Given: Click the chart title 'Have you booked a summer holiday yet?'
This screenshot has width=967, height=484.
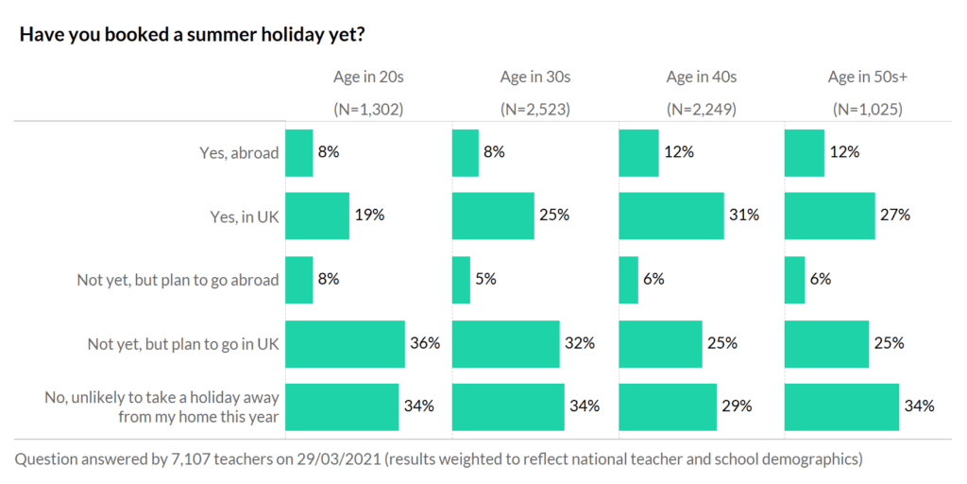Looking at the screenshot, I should (193, 35).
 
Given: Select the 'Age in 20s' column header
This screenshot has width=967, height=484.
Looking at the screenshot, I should (368, 77).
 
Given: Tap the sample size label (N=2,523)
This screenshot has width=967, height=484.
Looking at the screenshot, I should (535, 109).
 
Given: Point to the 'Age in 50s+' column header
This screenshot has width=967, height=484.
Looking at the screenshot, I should (867, 77).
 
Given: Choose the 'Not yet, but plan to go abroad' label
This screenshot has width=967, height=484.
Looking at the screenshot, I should (178, 280).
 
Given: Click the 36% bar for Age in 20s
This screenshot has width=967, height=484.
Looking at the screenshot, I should (345, 343).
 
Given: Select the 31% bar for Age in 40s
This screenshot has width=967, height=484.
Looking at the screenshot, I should (670, 216).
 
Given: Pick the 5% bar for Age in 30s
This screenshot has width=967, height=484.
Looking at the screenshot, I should (461, 280).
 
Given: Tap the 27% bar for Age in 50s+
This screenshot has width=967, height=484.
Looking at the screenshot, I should (829, 216).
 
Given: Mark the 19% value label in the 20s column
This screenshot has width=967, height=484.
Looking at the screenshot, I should (369, 215).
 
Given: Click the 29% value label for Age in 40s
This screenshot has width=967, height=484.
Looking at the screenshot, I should (737, 406).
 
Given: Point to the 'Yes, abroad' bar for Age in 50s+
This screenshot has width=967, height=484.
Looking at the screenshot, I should (804, 152).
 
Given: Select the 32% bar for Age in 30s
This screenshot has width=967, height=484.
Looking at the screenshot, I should (504, 343).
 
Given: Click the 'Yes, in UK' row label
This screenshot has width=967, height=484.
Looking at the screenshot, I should (245, 216).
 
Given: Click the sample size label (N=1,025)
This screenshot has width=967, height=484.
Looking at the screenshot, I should (867, 109).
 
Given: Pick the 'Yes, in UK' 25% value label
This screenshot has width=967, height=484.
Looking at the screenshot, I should (554, 215).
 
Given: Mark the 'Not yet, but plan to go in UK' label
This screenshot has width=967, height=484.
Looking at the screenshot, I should (184, 343).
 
